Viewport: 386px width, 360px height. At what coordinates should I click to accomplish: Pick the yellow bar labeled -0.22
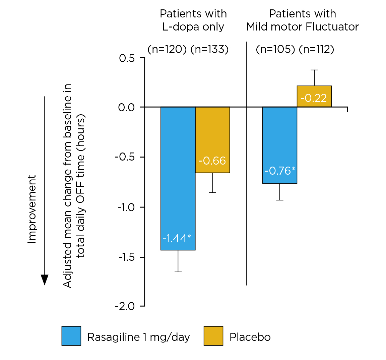click(314, 97)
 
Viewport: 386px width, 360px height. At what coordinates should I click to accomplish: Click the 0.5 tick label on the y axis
click(127, 58)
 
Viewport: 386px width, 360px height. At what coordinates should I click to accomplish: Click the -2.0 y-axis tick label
click(125, 306)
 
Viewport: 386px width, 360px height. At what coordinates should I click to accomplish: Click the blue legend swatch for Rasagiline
click(71, 336)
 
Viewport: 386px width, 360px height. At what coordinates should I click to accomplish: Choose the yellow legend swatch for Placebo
click(213, 336)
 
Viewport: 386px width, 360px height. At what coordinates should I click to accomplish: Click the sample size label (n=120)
click(167, 49)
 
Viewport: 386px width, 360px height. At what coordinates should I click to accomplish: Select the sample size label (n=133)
click(209, 49)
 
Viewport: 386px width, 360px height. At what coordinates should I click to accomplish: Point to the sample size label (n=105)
click(275, 49)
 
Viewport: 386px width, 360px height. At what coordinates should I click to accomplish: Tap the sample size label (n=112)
click(316, 49)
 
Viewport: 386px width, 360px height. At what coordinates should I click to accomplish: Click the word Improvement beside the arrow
click(32, 208)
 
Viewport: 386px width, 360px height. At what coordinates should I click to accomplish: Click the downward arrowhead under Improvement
click(45, 280)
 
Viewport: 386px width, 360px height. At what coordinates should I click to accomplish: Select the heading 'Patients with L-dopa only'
click(193, 20)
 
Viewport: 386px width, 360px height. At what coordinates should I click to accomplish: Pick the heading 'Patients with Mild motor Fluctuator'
click(303, 20)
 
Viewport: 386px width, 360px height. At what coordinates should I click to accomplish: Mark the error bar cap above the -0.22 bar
click(314, 70)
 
